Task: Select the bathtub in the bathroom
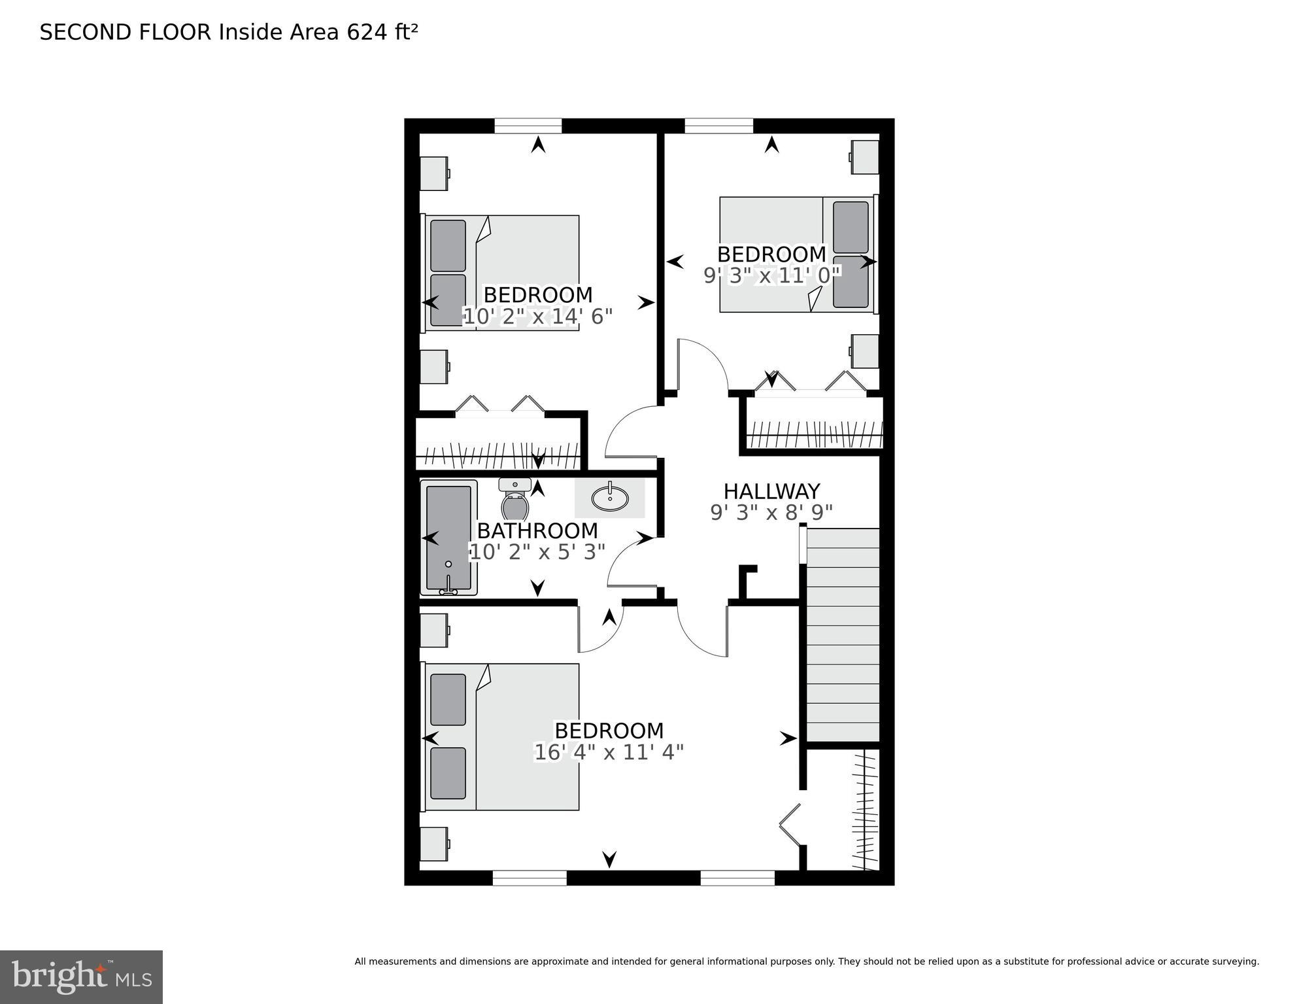pos(448,538)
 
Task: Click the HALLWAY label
pos(771,491)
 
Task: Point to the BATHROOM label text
pos(537,530)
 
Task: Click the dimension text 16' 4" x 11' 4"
pos(609,753)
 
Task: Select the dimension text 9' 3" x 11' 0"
pos(771,276)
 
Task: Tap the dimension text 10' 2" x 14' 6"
pos(537,317)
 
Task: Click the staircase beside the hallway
pos(842,634)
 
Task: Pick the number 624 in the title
pos(367,32)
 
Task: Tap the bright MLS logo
pos(81,977)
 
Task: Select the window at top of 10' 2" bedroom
pos(528,126)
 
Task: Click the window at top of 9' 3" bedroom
pos(718,126)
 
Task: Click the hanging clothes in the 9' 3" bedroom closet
pos(814,436)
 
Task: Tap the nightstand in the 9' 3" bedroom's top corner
pos(864,157)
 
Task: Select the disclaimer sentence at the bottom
pos(806,961)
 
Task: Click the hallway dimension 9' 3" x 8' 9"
pos(771,513)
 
